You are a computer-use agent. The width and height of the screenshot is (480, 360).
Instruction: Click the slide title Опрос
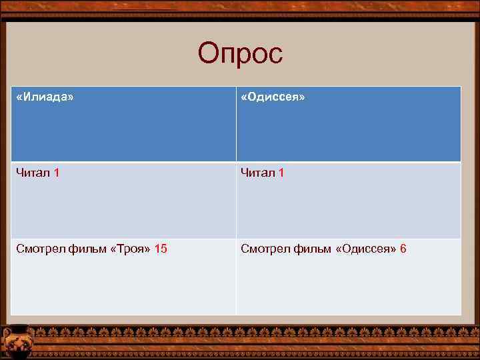(x=240, y=54)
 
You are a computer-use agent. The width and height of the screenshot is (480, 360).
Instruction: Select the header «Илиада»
(x=45, y=97)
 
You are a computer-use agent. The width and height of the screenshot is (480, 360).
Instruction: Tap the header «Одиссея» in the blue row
(x=273, y=97)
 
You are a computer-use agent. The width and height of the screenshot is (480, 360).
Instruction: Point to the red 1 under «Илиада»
(x=57, y=173)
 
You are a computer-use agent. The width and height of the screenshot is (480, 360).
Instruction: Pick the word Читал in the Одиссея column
(x=259, y=173)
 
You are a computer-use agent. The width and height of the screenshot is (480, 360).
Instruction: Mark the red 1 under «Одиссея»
(x=282, y=173)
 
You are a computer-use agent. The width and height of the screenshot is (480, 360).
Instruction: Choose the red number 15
(x=161, y=249)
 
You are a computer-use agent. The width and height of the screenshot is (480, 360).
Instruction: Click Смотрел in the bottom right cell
(x=264, y=249)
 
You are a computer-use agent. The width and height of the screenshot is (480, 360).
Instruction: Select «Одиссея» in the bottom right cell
(x=366, y=249)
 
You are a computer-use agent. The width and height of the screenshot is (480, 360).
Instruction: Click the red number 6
(x=403, y=249)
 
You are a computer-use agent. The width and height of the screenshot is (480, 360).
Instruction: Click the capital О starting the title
(x=208, y=53)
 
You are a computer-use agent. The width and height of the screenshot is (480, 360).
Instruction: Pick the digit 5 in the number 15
(x=164, y=249)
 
